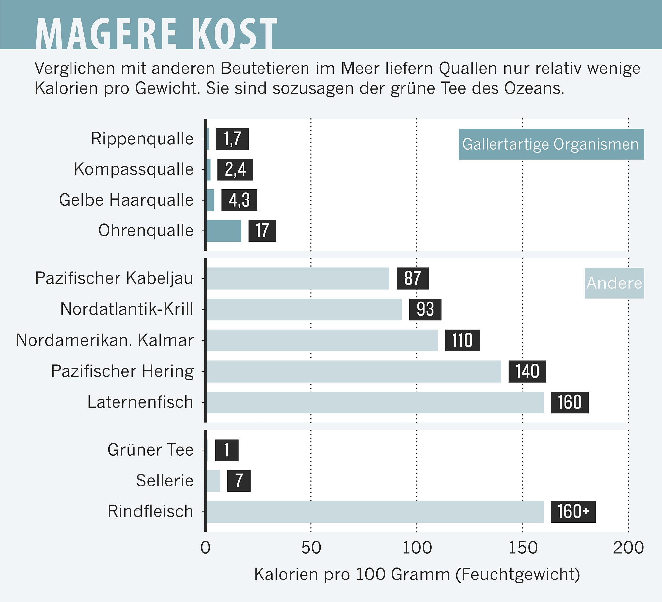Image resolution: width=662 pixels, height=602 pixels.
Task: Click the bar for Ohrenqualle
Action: click(x=224, y=231)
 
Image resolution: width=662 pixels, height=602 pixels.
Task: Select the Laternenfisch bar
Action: click(x=375, y=402)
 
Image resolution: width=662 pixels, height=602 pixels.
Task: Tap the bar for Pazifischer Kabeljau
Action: click(x=298, y=279)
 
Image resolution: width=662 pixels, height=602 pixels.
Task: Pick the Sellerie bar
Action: click(x=213, y=481)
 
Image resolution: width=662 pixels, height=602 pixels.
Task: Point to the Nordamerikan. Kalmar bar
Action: click(x=322, y=341)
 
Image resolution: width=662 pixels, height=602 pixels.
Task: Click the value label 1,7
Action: click(x=232, y=139)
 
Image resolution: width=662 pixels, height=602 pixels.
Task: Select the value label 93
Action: click(x=425, y=309)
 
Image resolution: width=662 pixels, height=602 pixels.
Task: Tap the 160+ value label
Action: click(x=573, y=512)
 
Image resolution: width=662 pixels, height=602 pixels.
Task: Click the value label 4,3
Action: click(x=239, y=200)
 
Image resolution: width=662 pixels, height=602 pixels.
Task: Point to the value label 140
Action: click(x=527, y=372)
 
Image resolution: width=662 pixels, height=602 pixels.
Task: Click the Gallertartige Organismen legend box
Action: click(x=551, y=144)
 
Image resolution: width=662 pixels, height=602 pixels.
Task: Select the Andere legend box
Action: click(x=614, y=283)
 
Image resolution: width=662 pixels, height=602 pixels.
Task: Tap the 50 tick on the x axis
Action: click(x=311, y=548)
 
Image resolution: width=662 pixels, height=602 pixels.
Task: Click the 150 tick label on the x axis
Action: click(x=523, y=548)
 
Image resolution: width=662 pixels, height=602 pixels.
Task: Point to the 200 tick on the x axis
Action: click(x=628, y=548)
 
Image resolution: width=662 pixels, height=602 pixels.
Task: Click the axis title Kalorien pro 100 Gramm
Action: click(x=417, y=575)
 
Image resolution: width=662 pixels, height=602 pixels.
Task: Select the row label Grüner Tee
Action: click(x=150, y=450)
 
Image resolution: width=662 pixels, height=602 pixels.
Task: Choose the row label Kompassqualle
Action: click(x=134, y=169)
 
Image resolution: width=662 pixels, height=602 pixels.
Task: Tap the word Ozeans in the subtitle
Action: click(x=534, y=88)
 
